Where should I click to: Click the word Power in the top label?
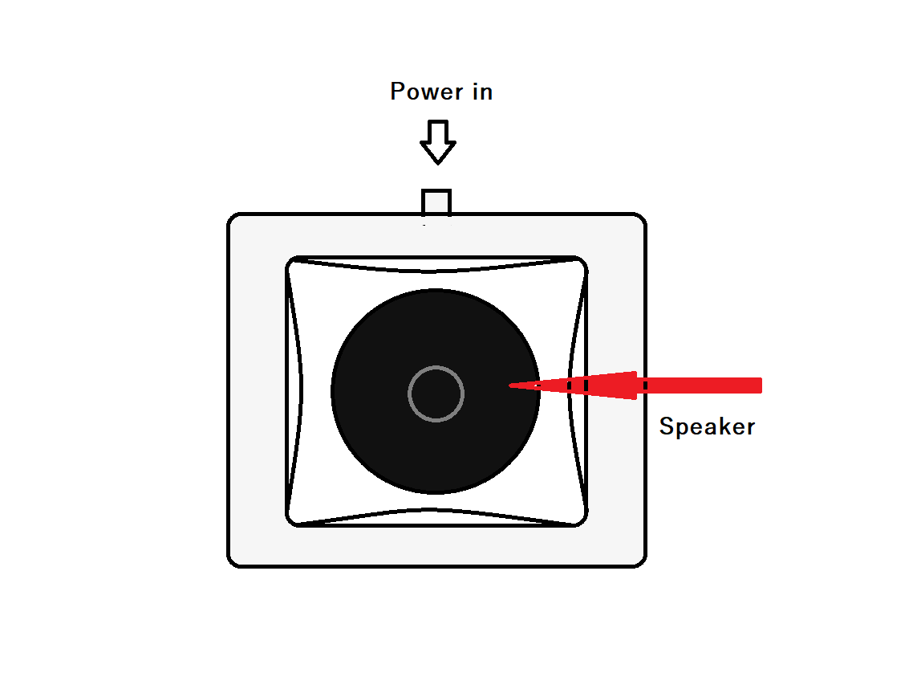[422, 92]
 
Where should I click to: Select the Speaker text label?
[707, 426]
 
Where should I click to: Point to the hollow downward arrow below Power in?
[438, 142]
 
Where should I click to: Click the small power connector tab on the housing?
[437, 202]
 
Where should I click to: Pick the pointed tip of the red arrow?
[511, 386]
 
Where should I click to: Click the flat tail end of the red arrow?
[758, 386]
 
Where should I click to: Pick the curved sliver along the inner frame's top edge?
[436, 265]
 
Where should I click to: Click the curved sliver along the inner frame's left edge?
[293, 392]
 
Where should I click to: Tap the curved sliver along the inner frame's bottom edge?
[436, 517]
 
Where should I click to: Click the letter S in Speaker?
[666, 426]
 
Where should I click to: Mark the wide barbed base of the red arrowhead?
[635, 385]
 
